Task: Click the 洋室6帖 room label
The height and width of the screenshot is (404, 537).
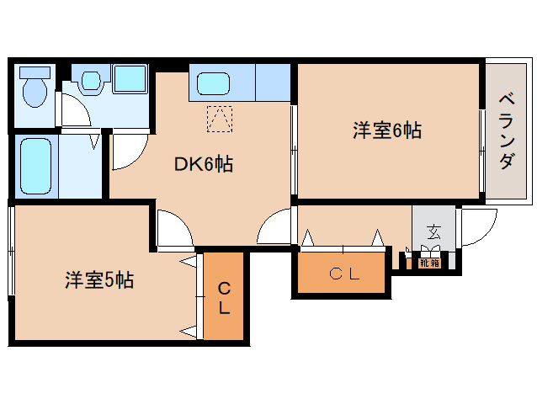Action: tap(386, 130)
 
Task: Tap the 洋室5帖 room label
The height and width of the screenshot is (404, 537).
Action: tap(98, 280)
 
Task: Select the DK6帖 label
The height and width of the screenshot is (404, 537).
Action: tap(203, 164)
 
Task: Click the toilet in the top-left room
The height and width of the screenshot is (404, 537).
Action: tap(35, 91)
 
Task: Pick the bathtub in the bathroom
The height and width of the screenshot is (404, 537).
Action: tap(35, 165)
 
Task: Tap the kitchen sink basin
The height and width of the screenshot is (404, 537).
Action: tap(214, 84)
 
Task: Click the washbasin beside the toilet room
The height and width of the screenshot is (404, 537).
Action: tap(92, 81)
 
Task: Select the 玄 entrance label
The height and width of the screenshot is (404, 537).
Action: tap(433, 232)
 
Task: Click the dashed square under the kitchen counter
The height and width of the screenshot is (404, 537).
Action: tap(220, 120)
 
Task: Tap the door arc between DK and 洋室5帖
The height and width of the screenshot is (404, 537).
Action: tap(175, 230)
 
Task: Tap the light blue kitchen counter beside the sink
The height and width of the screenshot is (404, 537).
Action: tap(273, 81)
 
